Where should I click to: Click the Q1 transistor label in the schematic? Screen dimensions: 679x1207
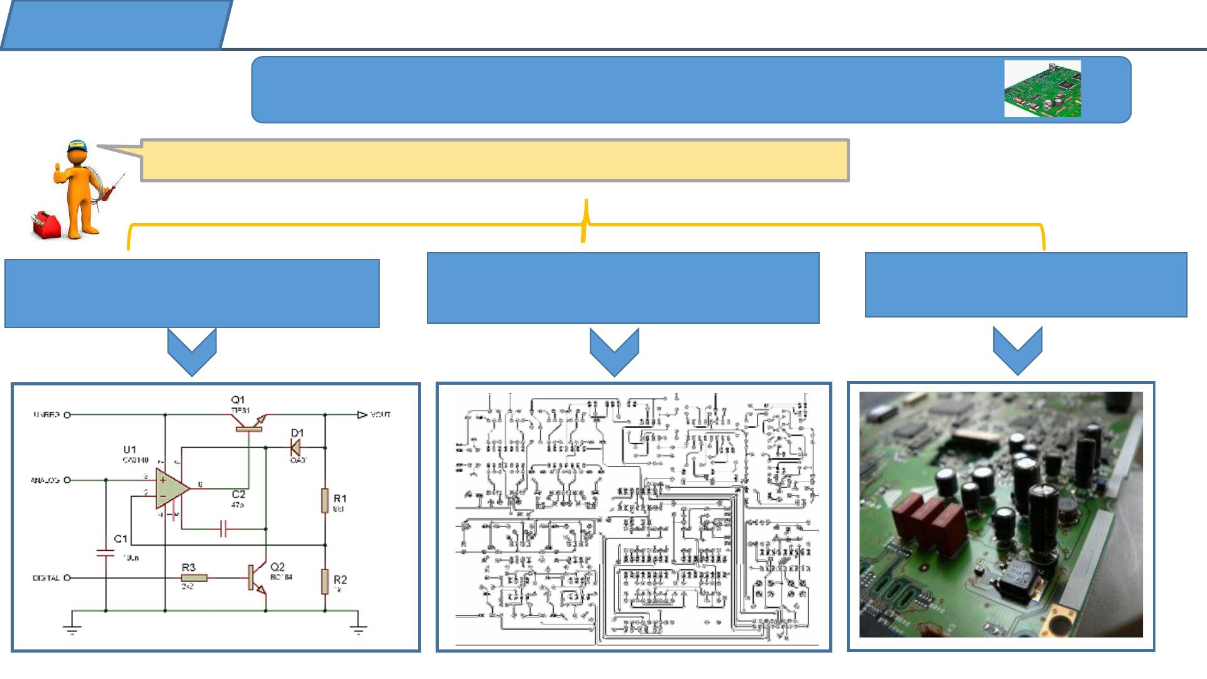coord(238,400)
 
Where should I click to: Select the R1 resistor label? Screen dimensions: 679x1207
coord(340,499)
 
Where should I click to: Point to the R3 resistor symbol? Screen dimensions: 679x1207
coord(194,578)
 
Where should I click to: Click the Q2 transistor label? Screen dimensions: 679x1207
coord(277,567)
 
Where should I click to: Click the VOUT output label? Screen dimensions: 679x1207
coord(380,415)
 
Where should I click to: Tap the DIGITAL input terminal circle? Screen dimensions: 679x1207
coord(67,578)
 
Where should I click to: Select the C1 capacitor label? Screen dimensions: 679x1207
coord(121,539)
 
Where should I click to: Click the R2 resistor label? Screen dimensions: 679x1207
coord(340,580)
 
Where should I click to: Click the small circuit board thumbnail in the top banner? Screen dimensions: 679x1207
coord(1042,89)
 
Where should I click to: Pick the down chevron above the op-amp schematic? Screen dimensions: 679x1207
coord(192,352)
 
